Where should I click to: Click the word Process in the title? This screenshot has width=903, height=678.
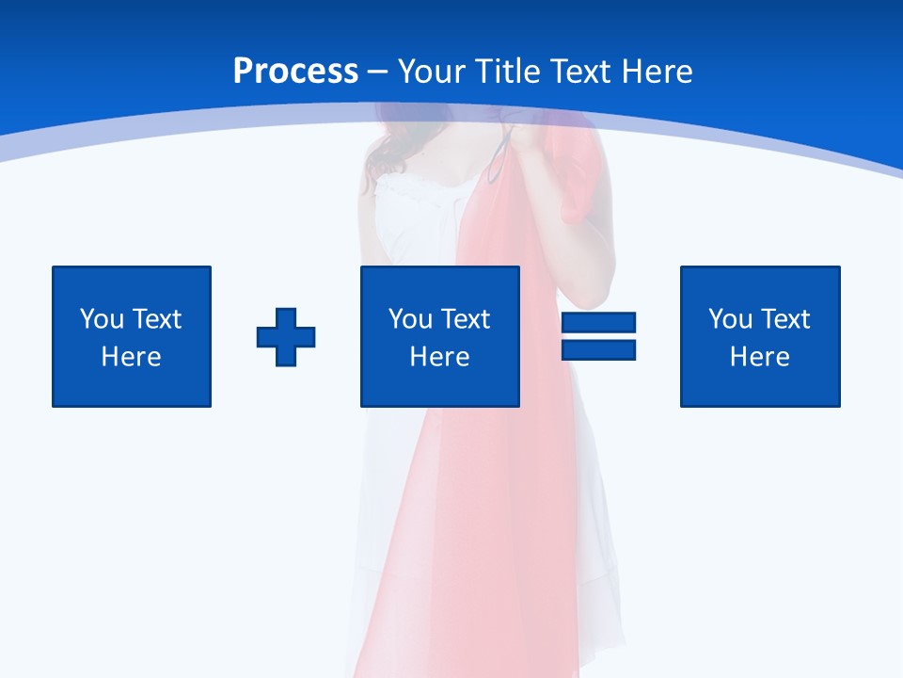(295, 72)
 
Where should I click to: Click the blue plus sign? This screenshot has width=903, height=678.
(286, 337)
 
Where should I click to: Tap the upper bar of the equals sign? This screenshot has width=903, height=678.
(598, 323)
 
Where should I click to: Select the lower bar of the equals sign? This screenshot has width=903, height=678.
(598, 349)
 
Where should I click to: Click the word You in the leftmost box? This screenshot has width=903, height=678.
(102, 319)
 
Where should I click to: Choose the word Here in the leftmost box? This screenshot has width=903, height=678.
(131, 357)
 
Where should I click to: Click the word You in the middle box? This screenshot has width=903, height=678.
(410, 319)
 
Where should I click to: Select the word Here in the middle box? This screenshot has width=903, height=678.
(439, 357)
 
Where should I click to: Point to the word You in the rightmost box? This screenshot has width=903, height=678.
(730, 319)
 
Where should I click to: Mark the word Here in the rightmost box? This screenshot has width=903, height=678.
(759, 357)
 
